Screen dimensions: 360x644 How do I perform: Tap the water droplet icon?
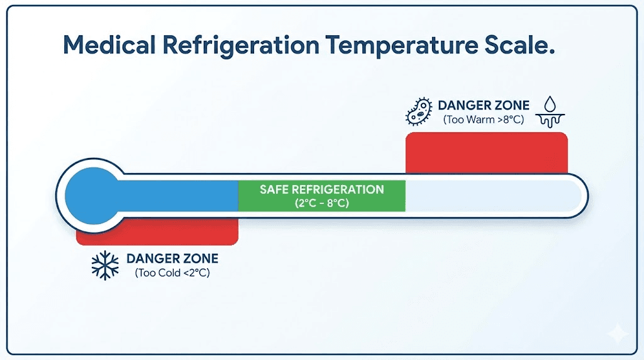point(551,103)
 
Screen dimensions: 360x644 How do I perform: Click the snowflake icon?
point(105,266)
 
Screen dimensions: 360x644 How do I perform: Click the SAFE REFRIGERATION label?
point(321,189)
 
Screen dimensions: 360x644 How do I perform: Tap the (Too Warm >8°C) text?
point(484,119)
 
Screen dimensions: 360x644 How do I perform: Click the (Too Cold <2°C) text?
point(172,273)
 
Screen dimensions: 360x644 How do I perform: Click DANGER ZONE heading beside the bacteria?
point(484,105)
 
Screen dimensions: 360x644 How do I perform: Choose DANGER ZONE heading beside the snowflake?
point(172,259)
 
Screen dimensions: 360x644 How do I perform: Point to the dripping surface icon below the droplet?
point(551,120)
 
